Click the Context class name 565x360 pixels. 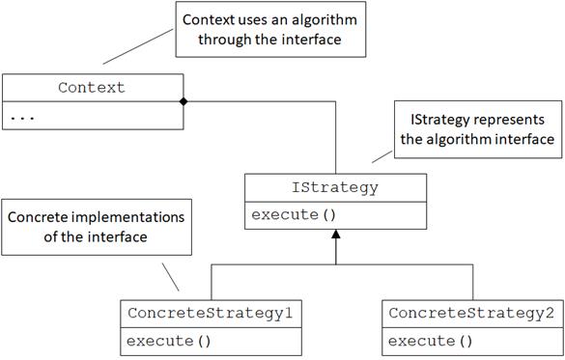(92, 88)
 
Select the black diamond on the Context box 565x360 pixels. (183, 100)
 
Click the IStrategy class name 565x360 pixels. (334, 189)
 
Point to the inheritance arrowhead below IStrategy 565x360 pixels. (334, 234)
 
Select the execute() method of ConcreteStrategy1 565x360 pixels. (162, 340)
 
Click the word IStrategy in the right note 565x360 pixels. (429, 121)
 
